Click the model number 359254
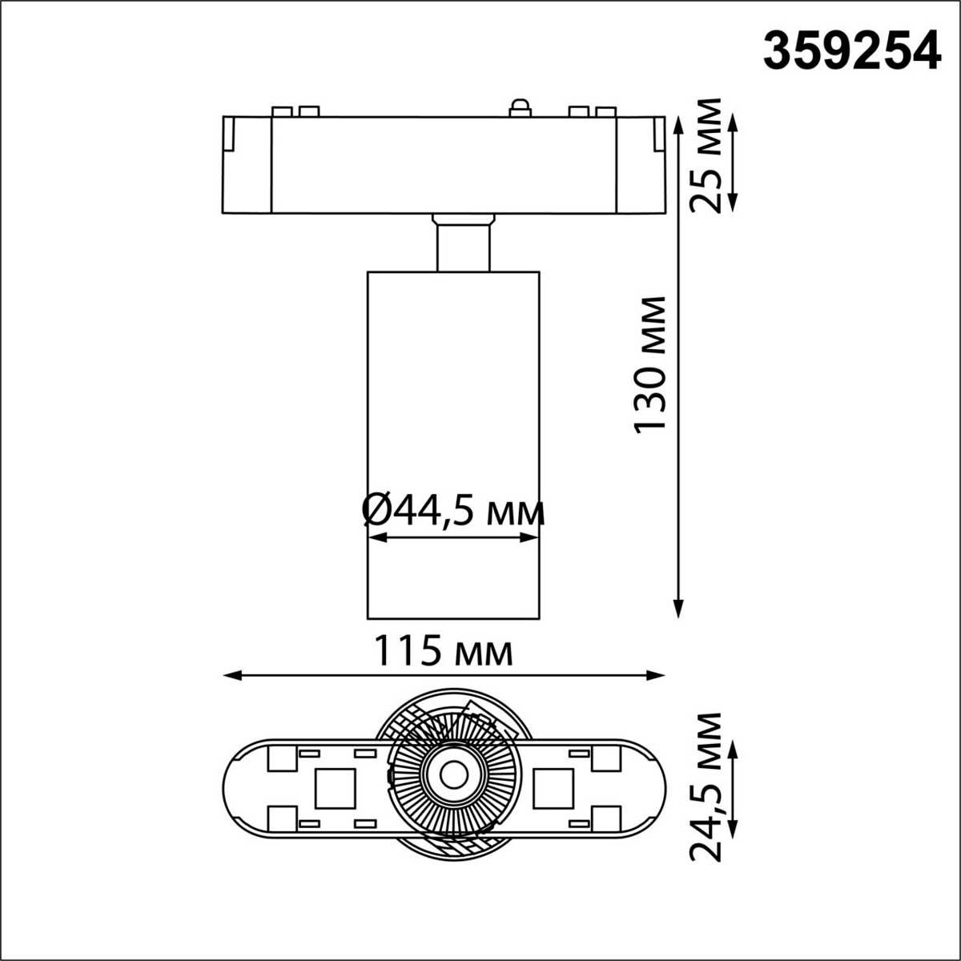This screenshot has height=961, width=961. (x=850, y=51)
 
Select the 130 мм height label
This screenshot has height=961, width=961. (x=650, y=364)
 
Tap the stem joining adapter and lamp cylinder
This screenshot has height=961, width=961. (x=463, y=243)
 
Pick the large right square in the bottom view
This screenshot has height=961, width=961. (x=553, y=788)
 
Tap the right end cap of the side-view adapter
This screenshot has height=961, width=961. (x=641, y=166)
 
